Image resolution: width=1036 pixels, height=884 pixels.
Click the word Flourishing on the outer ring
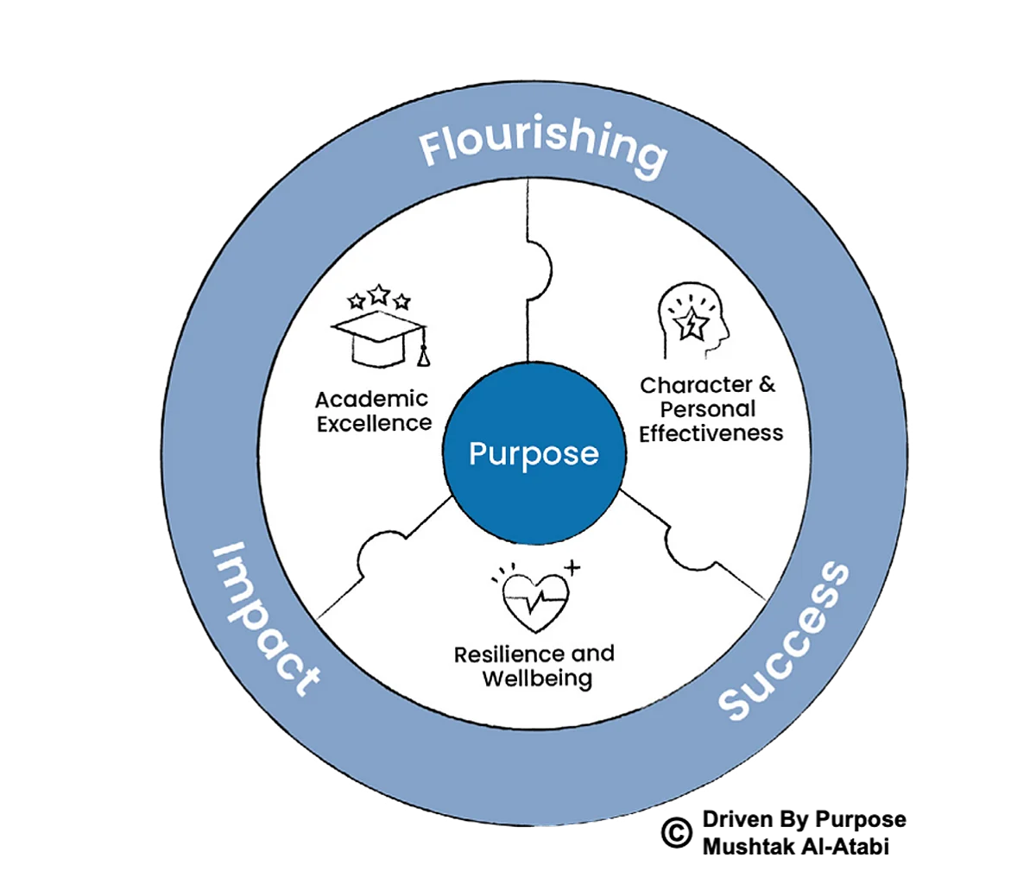(x=543, y=148)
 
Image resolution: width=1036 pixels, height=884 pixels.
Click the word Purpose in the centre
(x=534, y=453)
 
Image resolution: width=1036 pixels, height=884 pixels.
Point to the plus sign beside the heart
(x=572, y=567)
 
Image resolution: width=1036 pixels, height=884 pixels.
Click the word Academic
(x=371, y=400)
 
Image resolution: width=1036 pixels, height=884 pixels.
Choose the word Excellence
(x=374, y=423)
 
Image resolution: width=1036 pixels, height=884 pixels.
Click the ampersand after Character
(x=766, y=385)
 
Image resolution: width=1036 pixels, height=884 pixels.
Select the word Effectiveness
(x=711, y=433)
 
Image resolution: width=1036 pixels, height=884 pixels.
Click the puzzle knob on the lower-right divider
(x=685, y=548)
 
